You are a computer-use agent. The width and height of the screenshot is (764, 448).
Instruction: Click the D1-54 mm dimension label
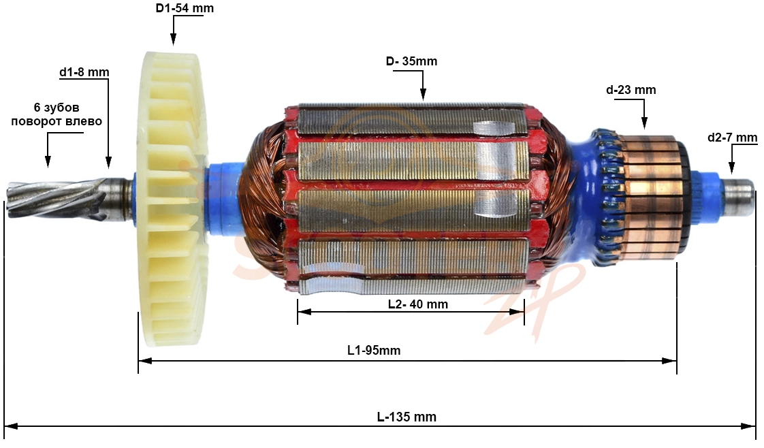click(185, 8)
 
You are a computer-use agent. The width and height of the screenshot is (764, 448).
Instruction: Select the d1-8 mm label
click(84, 72)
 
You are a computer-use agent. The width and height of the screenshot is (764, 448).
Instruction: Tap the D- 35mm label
click(411, 61)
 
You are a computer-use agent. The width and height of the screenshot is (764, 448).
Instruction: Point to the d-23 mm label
click(631, 90)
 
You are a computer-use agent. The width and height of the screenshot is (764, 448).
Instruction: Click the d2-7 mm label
click(732, 138)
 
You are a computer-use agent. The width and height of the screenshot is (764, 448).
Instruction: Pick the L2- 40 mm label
click(418, 304)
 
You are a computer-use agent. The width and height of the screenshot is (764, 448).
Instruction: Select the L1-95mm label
click(374, 350)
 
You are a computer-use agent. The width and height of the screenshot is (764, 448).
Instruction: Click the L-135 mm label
click(407, 417)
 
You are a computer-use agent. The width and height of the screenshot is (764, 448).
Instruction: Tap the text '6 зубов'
click(57, 108)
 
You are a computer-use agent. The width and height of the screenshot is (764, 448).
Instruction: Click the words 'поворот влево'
click(57, 121)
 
